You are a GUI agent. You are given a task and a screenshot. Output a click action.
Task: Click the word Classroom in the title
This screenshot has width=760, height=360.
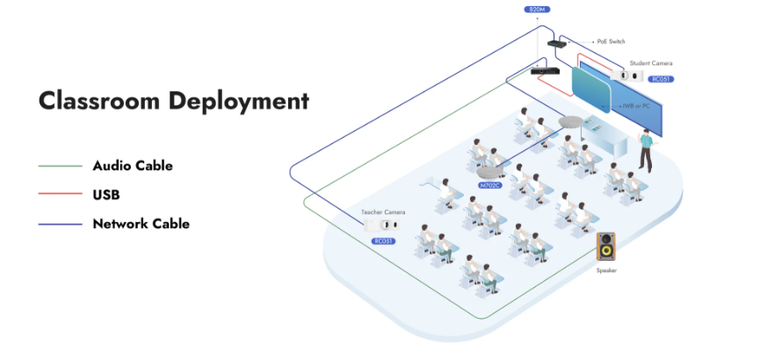[99, 100]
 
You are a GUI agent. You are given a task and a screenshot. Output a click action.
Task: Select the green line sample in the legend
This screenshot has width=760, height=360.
[60, 166]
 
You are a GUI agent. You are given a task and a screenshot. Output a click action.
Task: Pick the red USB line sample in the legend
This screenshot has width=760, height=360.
[60, 195]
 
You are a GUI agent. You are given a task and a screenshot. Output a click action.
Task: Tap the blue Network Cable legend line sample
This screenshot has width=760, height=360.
[60, 224]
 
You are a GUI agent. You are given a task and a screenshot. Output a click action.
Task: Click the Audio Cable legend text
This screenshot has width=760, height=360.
[133, 166]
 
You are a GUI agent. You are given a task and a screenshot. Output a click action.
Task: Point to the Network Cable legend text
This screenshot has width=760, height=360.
[141, 224]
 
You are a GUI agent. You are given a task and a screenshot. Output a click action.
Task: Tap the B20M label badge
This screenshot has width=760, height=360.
[537, 9]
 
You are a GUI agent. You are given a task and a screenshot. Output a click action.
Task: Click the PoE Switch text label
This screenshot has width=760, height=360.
[611, 42]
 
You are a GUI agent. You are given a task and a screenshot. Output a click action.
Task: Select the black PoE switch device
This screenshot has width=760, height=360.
[557, 44]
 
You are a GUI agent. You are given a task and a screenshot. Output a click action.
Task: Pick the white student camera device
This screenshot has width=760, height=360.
[626, 76]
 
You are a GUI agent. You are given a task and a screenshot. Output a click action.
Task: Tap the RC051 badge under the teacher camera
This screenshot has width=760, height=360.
[383, 241]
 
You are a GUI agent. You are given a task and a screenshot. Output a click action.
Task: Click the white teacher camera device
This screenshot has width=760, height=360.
[382, 225]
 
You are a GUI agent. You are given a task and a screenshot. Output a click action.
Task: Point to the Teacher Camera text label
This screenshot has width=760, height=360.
[383, 212]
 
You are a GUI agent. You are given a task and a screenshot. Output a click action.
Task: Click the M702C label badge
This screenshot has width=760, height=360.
[489, 185]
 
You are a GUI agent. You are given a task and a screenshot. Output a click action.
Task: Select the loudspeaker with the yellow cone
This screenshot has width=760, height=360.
[606, 247]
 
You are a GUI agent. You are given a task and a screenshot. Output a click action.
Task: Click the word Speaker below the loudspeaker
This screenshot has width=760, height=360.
[606, 270]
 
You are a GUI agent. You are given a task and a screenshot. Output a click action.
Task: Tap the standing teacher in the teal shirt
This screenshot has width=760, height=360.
[646, 148]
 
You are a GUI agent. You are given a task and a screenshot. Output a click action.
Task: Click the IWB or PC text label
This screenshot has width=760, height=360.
[636, 105]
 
